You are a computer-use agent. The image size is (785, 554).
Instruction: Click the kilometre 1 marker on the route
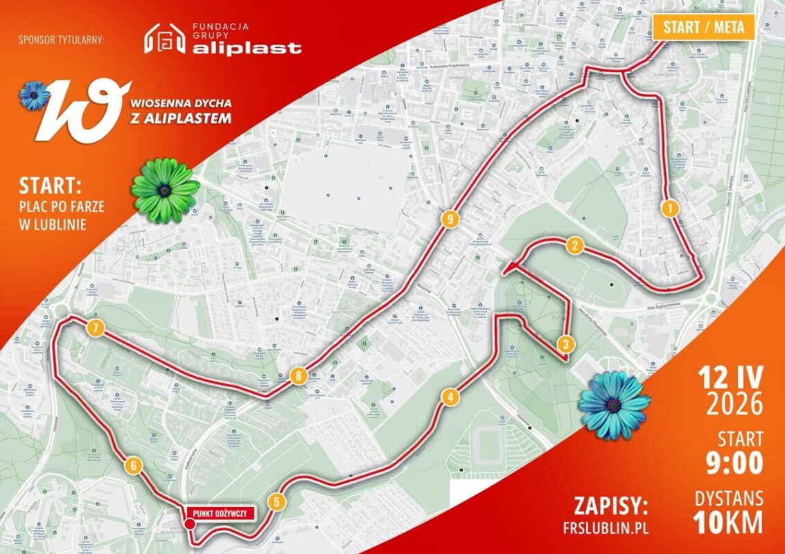[669, 208]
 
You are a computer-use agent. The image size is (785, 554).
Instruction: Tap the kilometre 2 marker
[574, 245]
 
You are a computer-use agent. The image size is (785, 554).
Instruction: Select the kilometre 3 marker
[565, 343]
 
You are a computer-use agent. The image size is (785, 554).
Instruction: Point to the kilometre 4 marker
[450, 397]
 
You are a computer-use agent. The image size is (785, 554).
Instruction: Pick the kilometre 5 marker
[276, 502]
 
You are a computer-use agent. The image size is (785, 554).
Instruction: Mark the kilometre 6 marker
[133, 466]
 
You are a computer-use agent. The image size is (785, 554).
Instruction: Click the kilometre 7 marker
[96, 328]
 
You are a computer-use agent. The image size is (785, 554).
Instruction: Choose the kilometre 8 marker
[298, 377]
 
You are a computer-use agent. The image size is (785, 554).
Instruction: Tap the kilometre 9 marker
[450, 220]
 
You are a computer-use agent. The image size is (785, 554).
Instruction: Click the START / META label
[703, 28]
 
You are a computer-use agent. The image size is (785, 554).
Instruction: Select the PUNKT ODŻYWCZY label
[220, 513]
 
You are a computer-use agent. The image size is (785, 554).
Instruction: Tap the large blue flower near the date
[614, 404]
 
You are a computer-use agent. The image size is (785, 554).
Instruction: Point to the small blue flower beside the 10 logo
[34, 95]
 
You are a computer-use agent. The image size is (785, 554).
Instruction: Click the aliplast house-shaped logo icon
[164, 39]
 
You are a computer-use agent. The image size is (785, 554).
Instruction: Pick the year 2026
[734, 403]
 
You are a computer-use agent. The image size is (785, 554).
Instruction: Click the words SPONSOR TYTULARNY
[62, 39]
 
